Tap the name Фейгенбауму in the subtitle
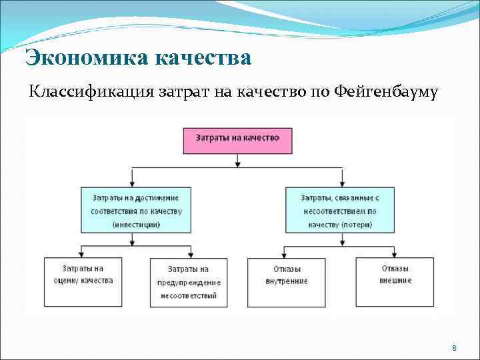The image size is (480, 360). point(383,93)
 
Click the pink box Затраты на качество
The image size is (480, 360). point(237,139)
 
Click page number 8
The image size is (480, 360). point(454,349)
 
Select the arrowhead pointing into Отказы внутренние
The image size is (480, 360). point(285,253)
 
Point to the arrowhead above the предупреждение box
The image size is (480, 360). point(192,253)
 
